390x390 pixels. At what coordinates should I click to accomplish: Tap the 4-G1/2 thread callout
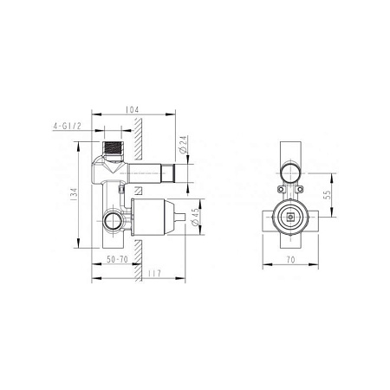[67, 127]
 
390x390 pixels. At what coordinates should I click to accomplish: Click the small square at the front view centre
[290, 218]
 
